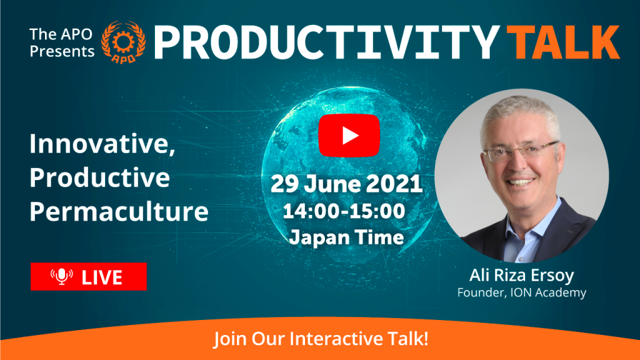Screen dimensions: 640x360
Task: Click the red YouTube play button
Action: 349,136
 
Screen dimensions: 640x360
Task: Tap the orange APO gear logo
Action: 123,42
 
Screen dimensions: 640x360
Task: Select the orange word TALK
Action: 565,42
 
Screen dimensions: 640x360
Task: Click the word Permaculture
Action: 119,211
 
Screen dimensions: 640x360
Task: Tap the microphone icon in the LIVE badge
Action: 62,276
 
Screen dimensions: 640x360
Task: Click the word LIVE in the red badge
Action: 102,277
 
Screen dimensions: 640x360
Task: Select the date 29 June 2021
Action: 346,184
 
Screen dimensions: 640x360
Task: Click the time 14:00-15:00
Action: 344,211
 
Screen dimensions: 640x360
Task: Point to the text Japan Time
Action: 346,237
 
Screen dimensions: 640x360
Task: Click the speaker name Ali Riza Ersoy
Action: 522,276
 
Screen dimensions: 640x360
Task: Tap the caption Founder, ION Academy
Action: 522,292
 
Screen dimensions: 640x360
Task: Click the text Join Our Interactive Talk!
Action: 321,339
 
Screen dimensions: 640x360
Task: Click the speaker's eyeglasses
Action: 521,152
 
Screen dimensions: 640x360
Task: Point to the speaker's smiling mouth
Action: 519,181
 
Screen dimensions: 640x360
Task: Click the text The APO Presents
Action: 62,42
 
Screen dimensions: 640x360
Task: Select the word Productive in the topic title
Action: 99,178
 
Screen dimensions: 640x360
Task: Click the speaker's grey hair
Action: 518,110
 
